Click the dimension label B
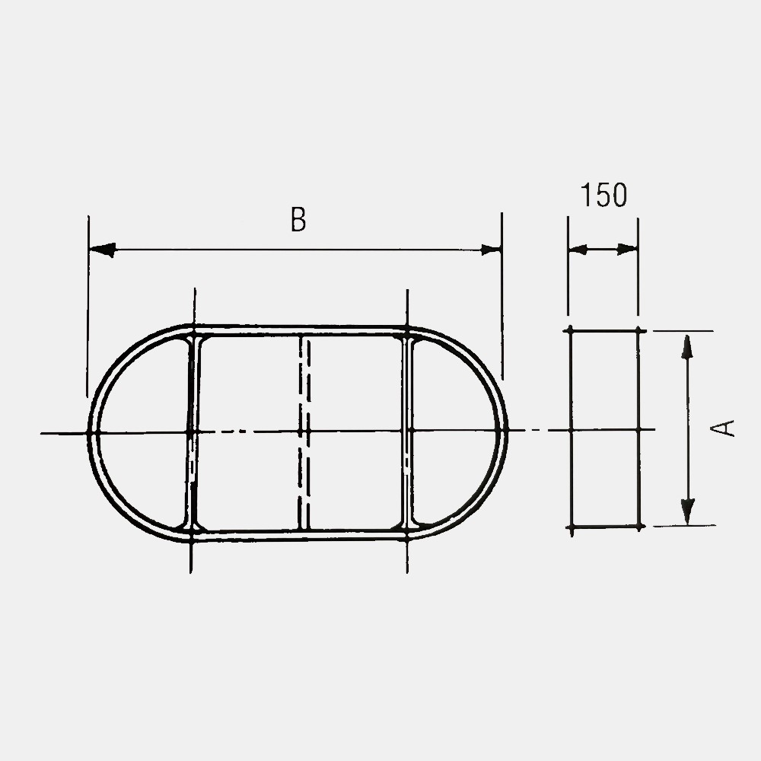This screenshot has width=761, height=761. tap(298, 219)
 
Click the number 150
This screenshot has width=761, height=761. tap(603, 195)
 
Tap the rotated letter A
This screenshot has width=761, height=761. tap(722, 428)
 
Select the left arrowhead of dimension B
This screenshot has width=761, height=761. tap(103, 250)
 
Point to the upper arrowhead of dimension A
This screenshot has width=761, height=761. tap(686, 347)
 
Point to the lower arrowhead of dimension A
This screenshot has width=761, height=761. tap(688, 512)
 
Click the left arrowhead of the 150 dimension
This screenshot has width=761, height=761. tap(578, 250)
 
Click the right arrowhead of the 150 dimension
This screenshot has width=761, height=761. tap(627, 250)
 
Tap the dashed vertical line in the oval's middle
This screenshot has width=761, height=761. tap(304, 432)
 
